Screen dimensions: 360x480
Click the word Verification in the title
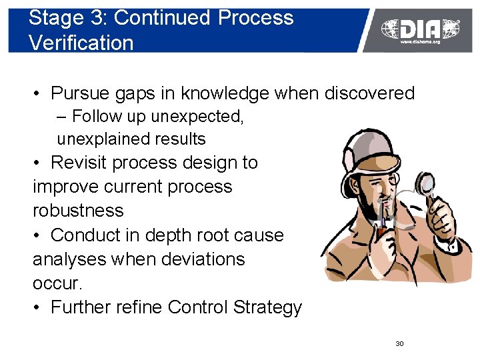(x=81, y=43)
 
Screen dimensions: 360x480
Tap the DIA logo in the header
(x=420, y=29)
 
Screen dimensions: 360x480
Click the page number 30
(x=399, y=343)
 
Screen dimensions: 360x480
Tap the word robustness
(x=78, y=211)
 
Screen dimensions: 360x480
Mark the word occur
(x=57, y=283)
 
